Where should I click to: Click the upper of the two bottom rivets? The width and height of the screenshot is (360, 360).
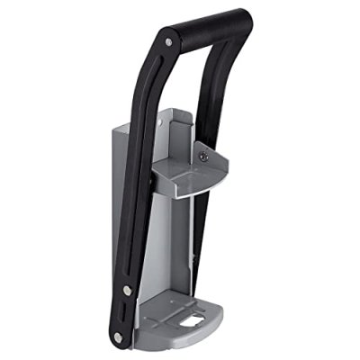(127, 289)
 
